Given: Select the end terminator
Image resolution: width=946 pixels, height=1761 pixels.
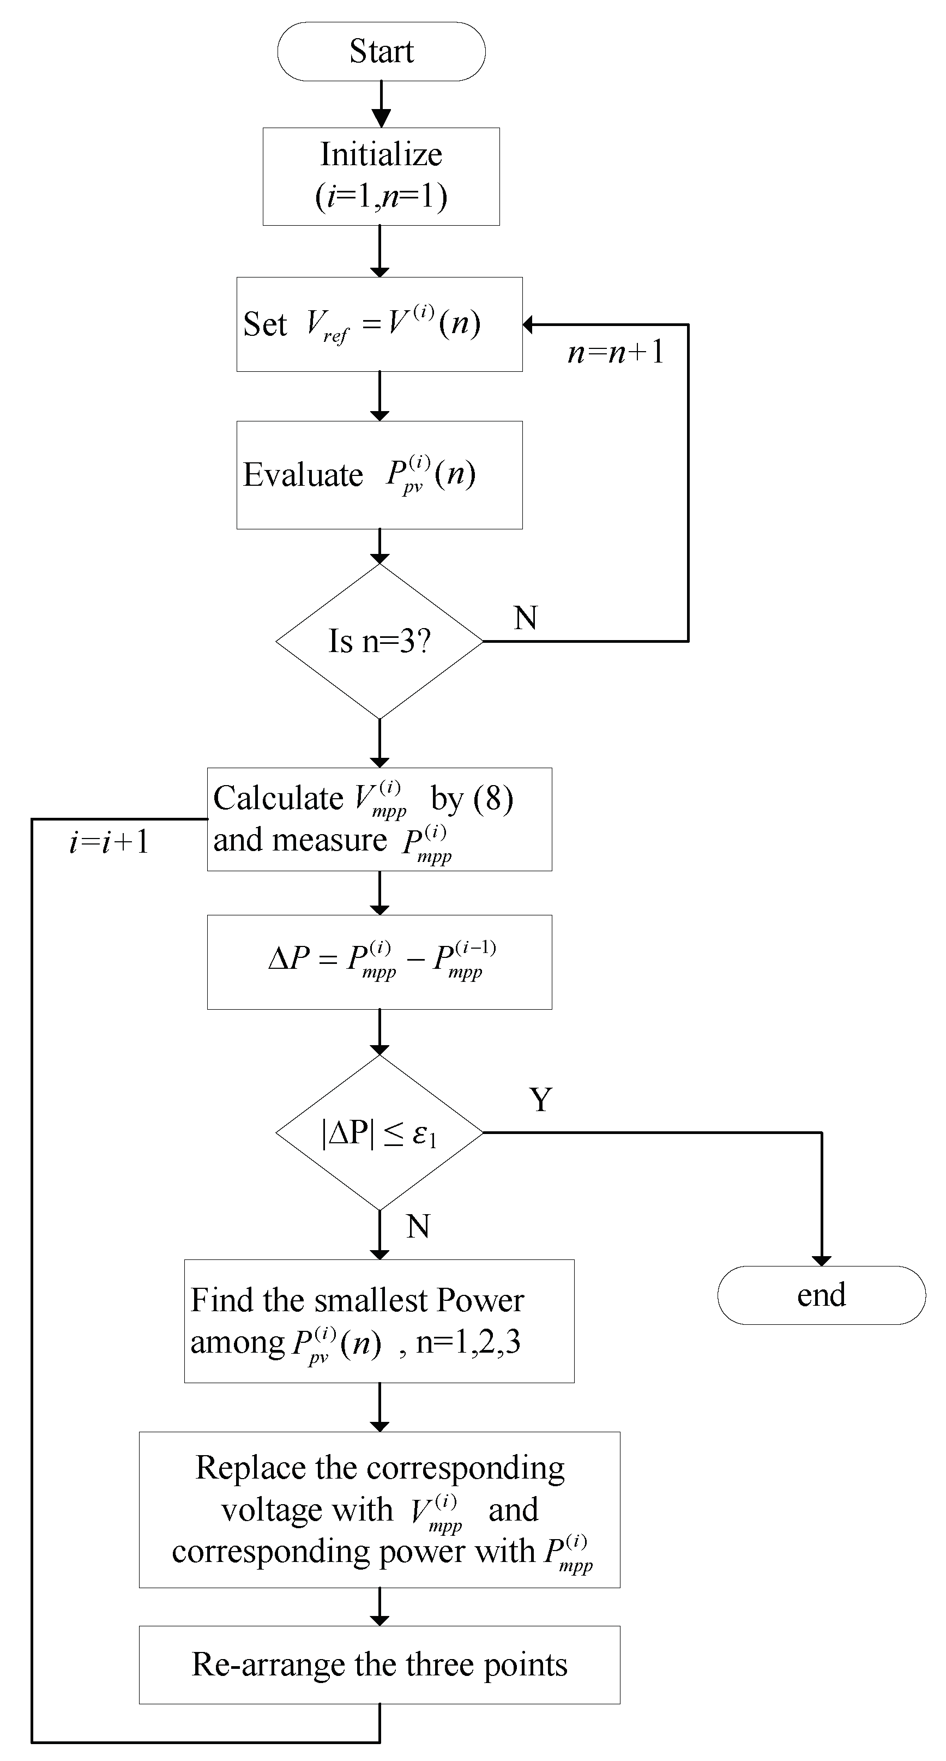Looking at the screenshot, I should pos(821,1295).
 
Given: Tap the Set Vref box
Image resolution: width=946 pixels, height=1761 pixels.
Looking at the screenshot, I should pos(379,324).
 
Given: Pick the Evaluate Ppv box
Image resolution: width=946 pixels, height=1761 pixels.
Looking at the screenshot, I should pos(379,474).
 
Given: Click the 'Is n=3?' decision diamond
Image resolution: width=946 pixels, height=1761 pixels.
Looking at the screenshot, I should pos(379,641).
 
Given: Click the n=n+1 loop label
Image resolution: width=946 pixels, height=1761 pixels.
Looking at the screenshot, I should pos(615,353).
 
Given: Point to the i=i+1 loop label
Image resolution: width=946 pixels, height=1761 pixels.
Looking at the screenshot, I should pos(110,842).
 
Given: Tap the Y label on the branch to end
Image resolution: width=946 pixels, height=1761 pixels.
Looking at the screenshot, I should pos(540,1099).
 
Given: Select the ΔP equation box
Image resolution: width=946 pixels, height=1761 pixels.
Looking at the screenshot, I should pos(379,961).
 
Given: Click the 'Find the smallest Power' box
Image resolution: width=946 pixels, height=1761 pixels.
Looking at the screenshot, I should pos(379,1320).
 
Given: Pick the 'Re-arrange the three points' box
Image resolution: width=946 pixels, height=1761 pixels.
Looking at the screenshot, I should pos(379,1664).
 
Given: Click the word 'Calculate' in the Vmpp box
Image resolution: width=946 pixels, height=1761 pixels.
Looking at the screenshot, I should pos(278,798).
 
